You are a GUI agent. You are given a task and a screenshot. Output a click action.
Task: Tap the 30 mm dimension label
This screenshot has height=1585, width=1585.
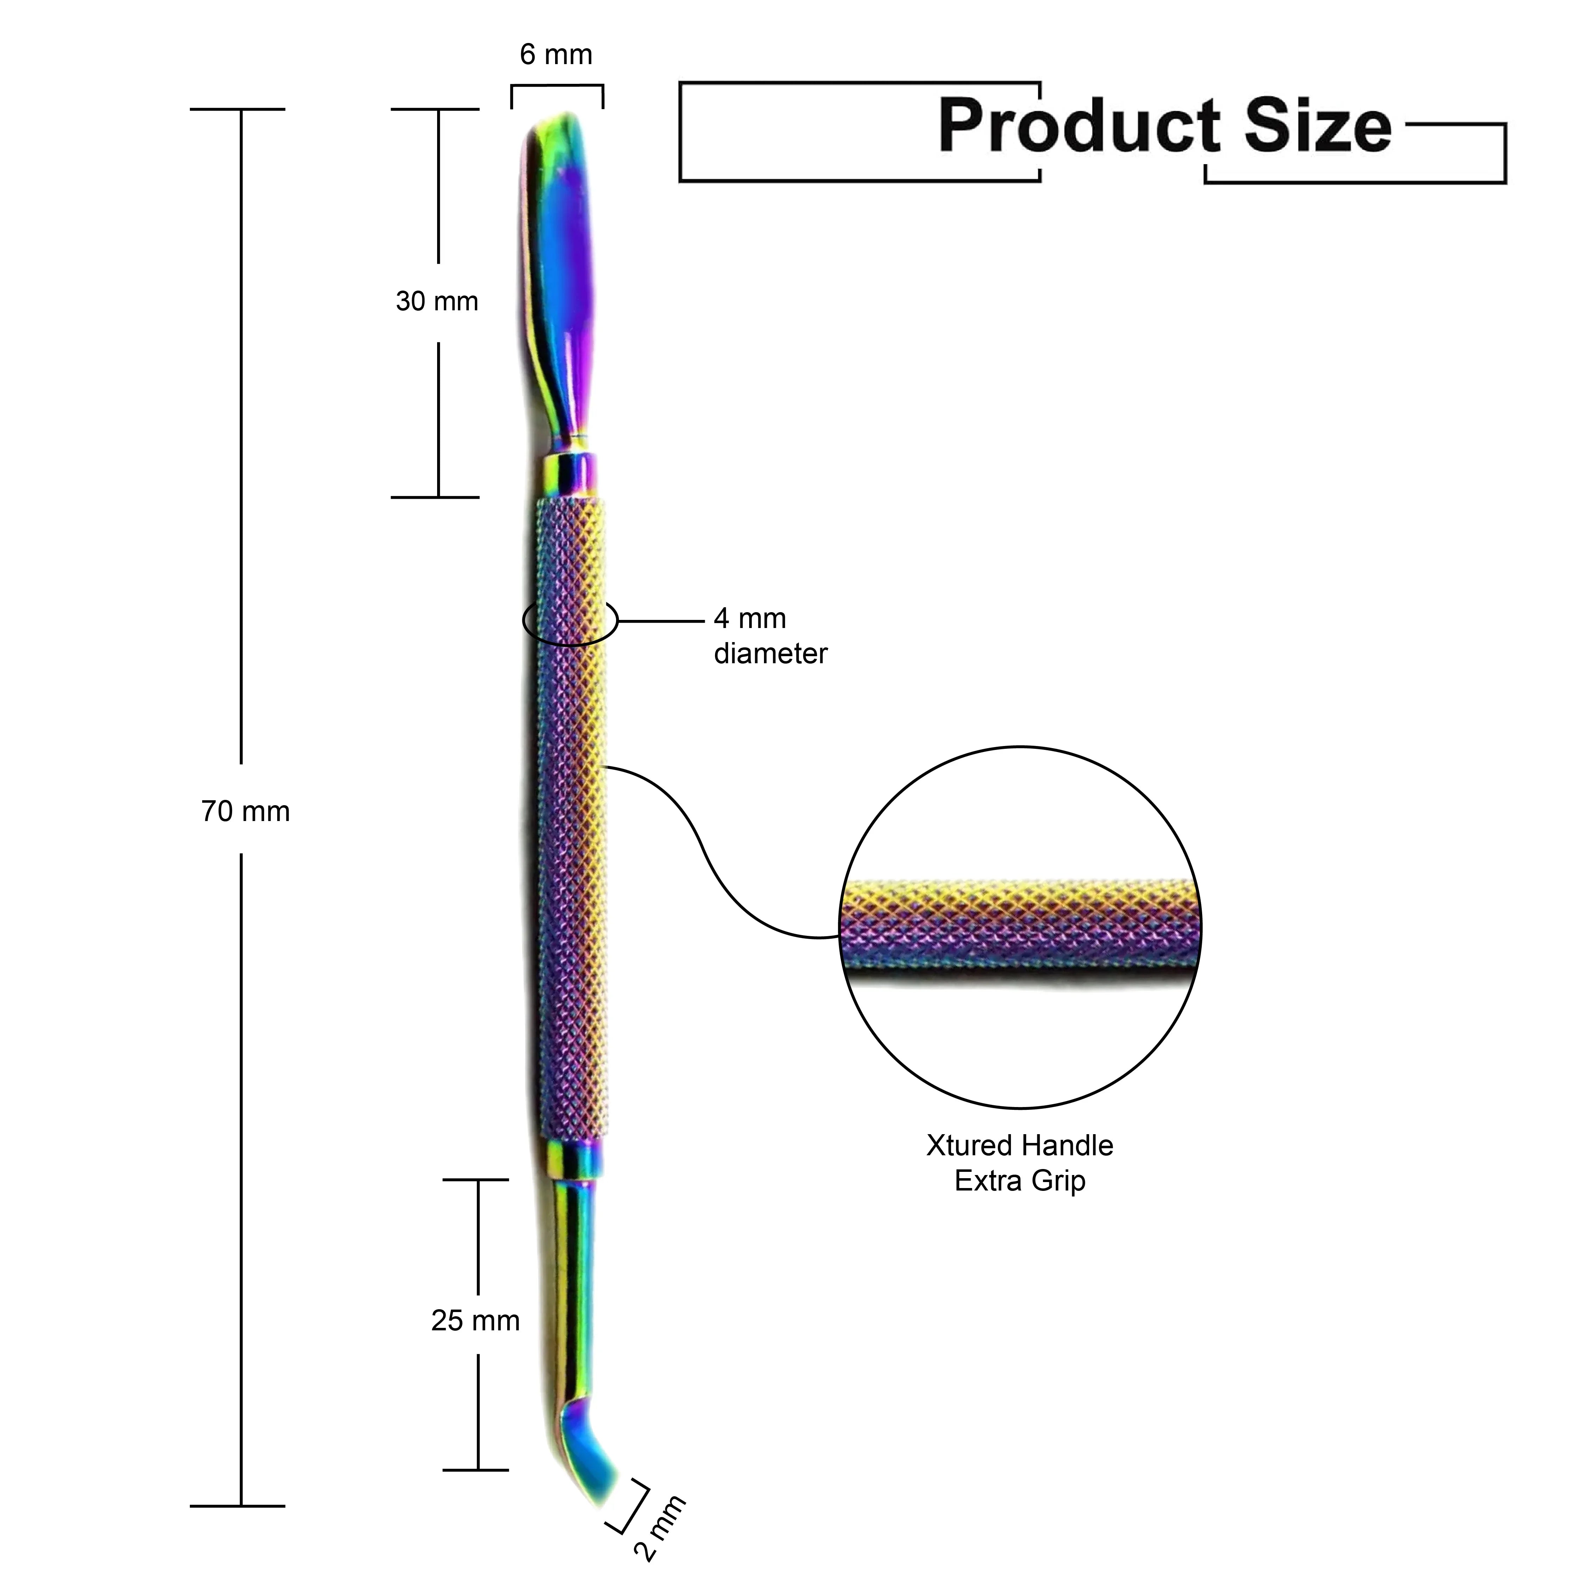click(x=436, y=302)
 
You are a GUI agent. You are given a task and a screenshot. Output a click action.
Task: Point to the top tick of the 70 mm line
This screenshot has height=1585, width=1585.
click(x=238, y=109)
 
